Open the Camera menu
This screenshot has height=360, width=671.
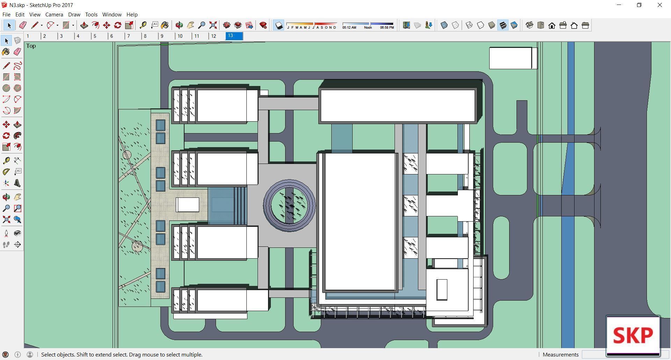(x=54, y=15)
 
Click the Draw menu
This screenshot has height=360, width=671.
(x=74, y=15)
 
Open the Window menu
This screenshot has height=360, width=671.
(x=112, y=15)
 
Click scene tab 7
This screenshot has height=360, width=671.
(x=129, y=36)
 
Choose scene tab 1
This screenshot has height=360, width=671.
(x=28, y=36)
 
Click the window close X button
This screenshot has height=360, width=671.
(x=659, y=5)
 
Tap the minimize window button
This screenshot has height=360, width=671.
(x=619, y=5)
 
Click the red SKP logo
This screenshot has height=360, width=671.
(x=633, y=336)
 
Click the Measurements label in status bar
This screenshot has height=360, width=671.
(x=561, y=354)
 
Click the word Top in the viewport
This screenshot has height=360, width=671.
(x=31, y=46)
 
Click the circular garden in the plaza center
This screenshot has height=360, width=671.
(x=289, y=206)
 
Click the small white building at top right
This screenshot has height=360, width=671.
(x=510, y=58)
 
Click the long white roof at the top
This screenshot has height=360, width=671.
(x=398, y=106)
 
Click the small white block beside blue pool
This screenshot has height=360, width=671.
(x=188, y=204)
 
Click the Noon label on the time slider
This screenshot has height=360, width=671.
(x=368, y=27)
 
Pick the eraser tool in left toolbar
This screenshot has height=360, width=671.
(x=17, y=52)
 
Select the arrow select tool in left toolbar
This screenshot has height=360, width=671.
(x=6, y=41)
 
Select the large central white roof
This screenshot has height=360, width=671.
(x=360, y=222)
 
